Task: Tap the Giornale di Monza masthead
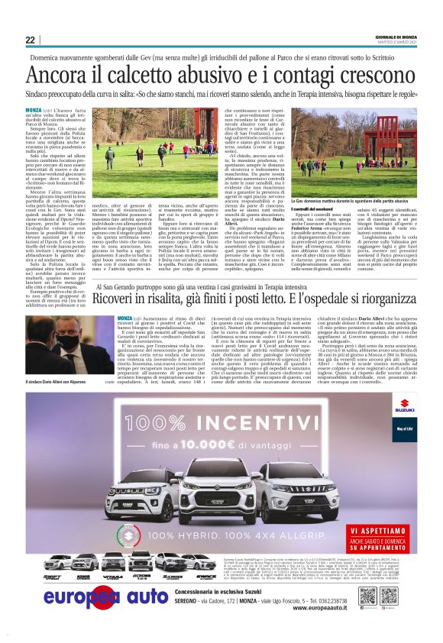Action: [x=396, y=37]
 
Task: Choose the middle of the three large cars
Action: [x=221, y=496]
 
